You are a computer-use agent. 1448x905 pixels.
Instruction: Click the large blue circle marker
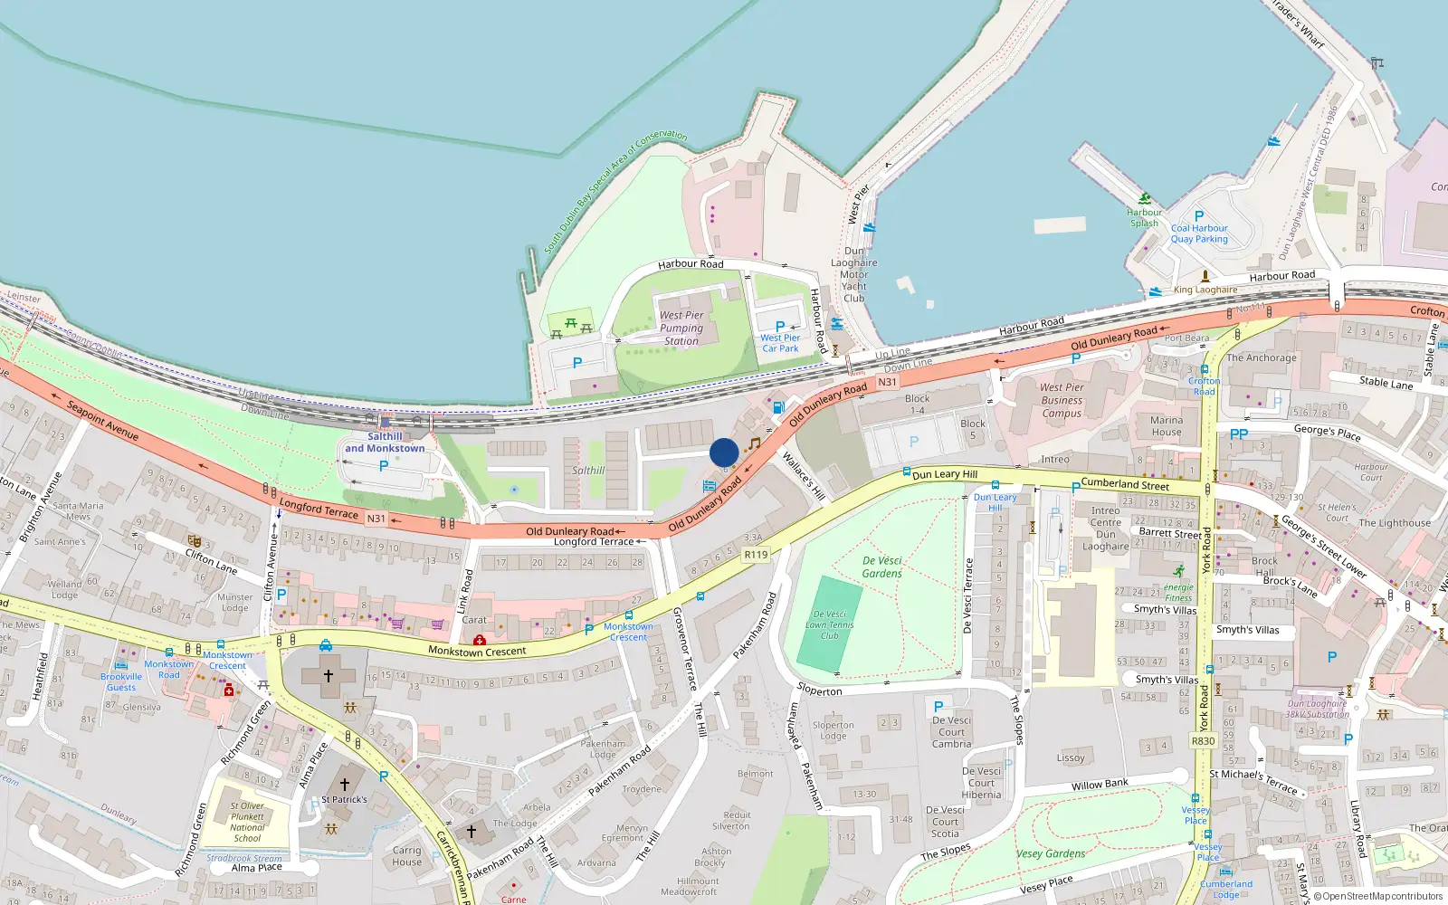pos(724,452)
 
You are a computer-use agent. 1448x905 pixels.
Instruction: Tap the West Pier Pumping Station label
pos(681,329)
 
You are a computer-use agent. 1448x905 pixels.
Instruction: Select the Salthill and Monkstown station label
pos(385,443)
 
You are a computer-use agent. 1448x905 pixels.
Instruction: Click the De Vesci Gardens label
pos(881,567)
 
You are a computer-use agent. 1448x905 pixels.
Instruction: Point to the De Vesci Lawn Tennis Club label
pos(830,625)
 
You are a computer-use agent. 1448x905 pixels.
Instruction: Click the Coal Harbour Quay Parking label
pos(1199,233)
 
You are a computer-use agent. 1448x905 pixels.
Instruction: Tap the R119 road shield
pos(756,555)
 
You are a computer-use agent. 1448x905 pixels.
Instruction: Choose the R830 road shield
pos(1203,741)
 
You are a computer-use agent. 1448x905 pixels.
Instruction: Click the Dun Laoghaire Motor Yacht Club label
pos(853,274)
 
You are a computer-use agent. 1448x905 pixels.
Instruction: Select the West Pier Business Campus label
pos(1062,400)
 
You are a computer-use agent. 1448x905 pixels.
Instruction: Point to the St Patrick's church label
pos(344,800)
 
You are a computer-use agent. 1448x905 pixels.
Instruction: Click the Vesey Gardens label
pos(1050,853)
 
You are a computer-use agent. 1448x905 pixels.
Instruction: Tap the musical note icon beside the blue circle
pos(754,443)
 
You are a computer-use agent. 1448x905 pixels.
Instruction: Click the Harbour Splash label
pos(1144,217)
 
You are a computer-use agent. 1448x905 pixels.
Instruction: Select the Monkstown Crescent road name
pos(477,652)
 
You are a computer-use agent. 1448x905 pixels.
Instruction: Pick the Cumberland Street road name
pos(1125,484)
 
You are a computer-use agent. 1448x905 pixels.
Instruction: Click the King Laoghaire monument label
pos(1205,290)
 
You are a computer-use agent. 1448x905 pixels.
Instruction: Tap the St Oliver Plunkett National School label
pos(247,822)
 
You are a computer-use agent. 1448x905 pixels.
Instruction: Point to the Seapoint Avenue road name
pos(103,421)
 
